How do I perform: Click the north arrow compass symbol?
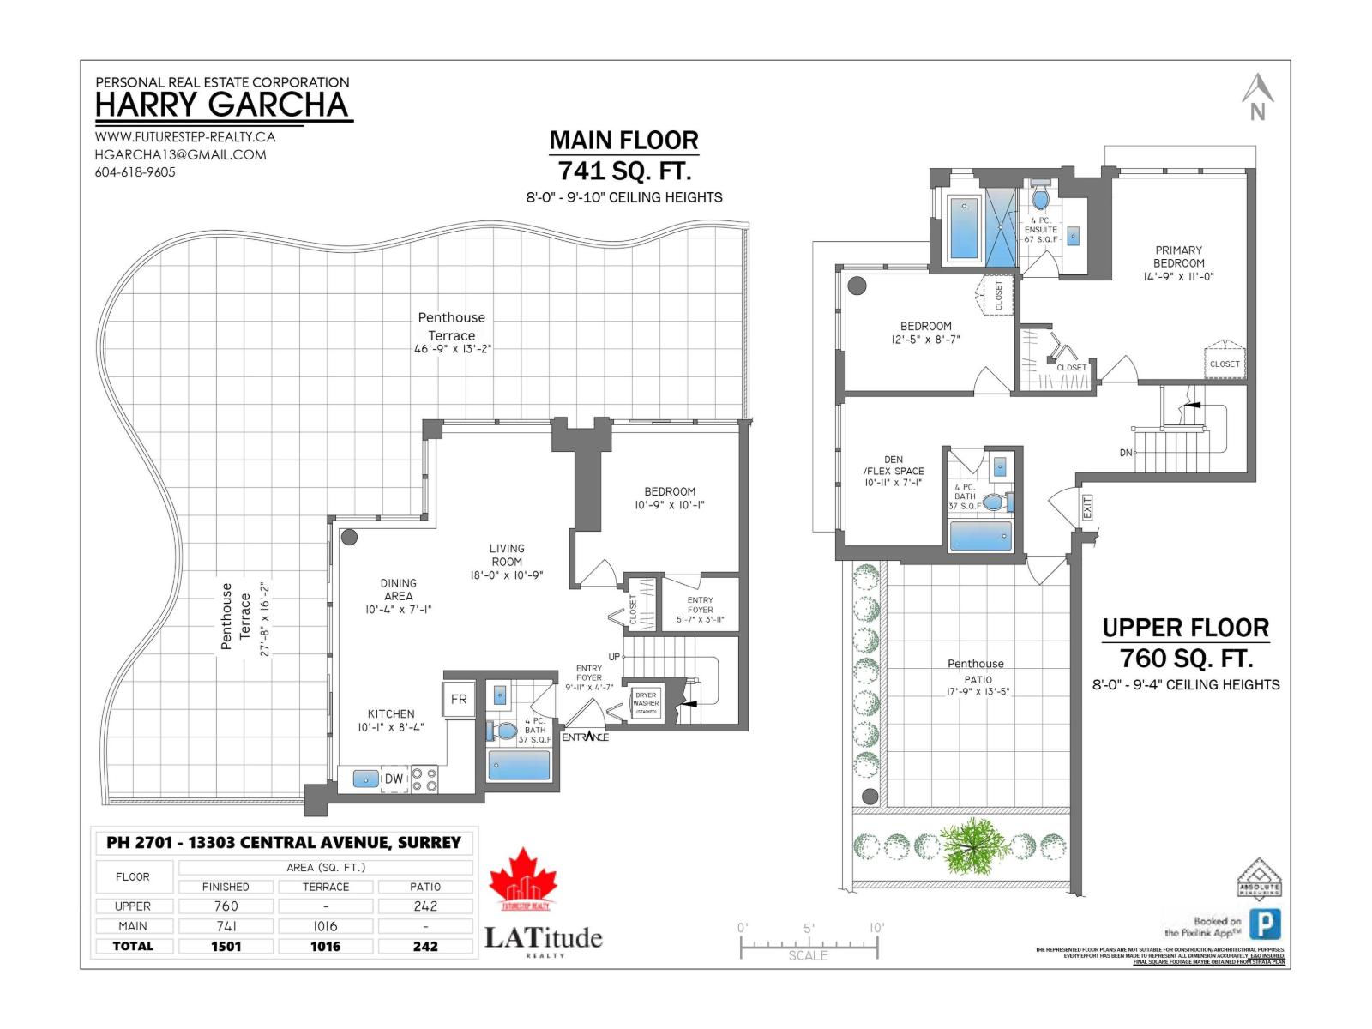pyautogui.click(x=1257, y=97)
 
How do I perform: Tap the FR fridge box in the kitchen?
pyautogui.click(x=459, y=699)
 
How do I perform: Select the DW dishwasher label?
pyautogui.click(x=394, y=779)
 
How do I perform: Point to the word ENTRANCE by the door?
pyautogui.click(x=586, y=737)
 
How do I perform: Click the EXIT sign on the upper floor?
pyautogui.click(x=1087, y=507)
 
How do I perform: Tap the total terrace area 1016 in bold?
pyautogui.click(x=325, y=947)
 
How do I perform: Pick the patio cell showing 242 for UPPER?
pyautogui.click(x=425, y=906)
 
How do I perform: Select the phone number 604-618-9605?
pyautogui.click(x=135, y=172)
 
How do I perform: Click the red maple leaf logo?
pyautogui.click(x=523, y=877)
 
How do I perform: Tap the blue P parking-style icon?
pyautogui.click(x=1265, y=924)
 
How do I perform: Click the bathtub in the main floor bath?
pyautogui.click(x=520, y=765)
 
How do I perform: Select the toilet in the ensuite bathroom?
pyautogui.click(x=1040, y=199)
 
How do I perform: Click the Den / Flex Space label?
pyautogui.click(x=894, y=471)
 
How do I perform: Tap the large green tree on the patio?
pyautogui.click(x=974, y=845)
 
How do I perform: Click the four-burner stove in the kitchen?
pyautogui.click(x=424, y=779)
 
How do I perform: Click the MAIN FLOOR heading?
pyautogui.click(x=623, y=141)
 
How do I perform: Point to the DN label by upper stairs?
pyautogui.click(x=1126, y=453)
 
